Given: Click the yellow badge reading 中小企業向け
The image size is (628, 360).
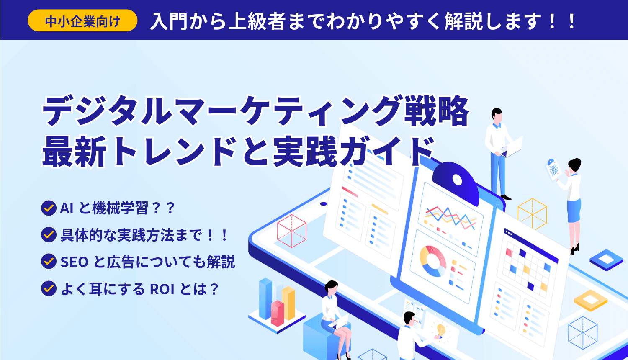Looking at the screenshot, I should tap(82, 21).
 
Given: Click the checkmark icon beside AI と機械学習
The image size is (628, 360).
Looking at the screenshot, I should tap(49, 208).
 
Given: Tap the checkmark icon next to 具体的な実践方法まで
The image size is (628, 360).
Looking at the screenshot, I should tap(49, 235).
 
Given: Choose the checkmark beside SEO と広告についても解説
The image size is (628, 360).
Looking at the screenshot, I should tap(49, 262).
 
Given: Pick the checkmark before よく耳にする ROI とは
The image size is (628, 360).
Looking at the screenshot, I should tap(49, 289).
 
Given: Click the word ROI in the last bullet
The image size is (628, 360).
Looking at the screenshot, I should tap(162, 289).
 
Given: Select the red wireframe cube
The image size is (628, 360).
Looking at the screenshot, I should tap(292, 231).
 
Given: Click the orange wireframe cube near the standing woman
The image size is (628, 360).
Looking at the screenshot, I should tap(532, 213).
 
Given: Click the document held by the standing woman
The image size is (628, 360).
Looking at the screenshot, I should tap(553, 169).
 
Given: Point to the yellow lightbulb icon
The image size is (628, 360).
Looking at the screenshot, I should tap(440, 330).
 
